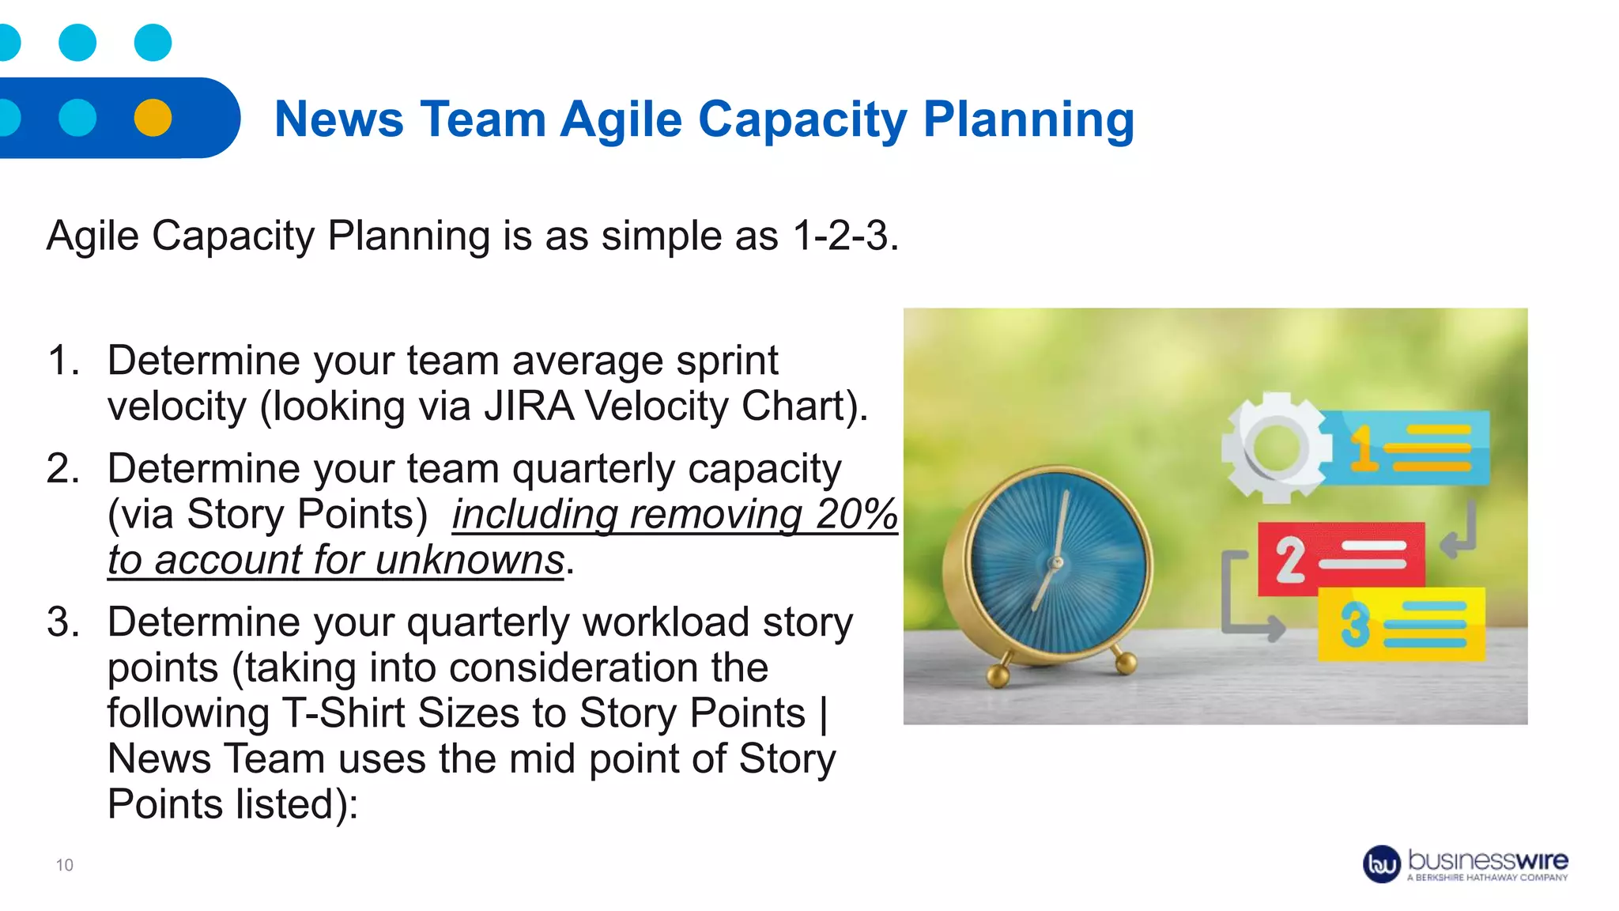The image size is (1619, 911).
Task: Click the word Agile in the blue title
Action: [x=621, y=120]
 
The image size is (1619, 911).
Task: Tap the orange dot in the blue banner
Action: [x=153, y=118]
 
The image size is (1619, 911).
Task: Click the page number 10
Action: [x=65, y=865]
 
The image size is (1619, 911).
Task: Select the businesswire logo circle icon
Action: [x=1382, y=864]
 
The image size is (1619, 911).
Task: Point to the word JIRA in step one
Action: [x=529, y=406]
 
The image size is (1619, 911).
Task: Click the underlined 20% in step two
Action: [x=857, y=515]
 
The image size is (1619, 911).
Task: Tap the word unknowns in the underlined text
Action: [x=470, y=561]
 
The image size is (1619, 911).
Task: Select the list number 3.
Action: [x=63, y=622]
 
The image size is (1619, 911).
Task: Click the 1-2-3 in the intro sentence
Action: [x=844, y=236]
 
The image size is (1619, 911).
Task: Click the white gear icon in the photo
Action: [x=1274, y=448]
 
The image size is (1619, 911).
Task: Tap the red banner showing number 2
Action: [x=1341, y=558]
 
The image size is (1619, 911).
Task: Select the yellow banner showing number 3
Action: [x=1401, y=624]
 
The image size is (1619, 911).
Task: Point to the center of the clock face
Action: [x=1055, y=563]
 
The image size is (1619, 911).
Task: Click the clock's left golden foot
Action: [x=998, y=675]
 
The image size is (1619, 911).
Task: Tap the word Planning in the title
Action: [x=1028, y=120]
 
